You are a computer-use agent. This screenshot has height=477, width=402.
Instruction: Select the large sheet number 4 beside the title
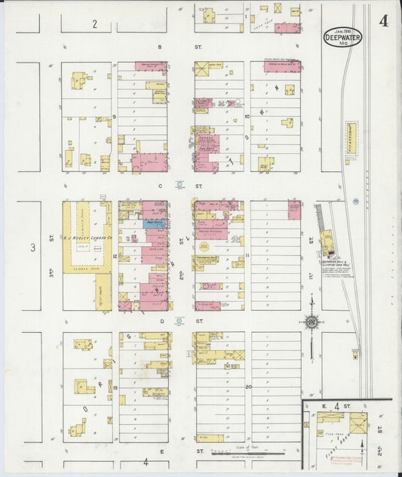(384, 20)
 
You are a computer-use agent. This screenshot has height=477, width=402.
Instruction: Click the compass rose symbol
(311, 323)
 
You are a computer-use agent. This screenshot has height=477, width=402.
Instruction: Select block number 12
(115, 257)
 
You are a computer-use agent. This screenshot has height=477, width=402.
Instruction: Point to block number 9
(115, 117)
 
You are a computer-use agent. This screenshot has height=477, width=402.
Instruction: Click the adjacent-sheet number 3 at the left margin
(32, 248)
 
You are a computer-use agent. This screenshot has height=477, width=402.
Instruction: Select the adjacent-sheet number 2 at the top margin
(94, 24)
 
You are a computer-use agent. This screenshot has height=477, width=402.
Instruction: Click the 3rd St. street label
(51, 257)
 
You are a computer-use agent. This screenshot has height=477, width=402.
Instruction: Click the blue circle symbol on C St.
(179, 184)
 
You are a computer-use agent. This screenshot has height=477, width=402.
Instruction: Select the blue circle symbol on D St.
(179, 320)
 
